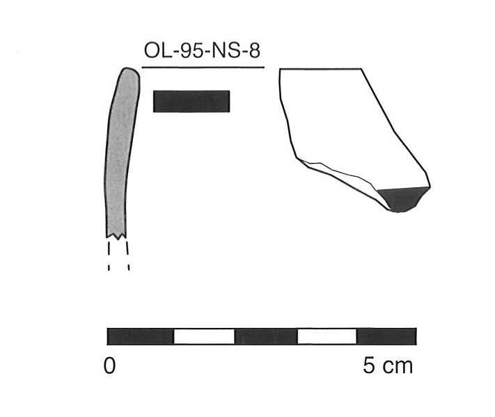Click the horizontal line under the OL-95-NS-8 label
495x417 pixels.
[x=203, y=68]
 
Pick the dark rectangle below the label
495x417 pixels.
[x=191, y=101]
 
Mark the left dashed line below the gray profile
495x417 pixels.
[x=109, y=255]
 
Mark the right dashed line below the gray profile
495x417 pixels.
[x=129, y=255]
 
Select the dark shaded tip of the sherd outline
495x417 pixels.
[x=402, y=198]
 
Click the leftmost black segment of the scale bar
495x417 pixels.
[x=140, y=337]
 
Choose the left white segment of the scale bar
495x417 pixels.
[x=204, y=337]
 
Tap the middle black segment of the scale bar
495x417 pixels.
[x=266, y=337]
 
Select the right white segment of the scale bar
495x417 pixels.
[x=327, y=337]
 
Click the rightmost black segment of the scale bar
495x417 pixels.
[x=386, y=337]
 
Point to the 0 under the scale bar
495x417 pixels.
[x=110, y=366]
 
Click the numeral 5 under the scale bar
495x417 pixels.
[x=369, y=366]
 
